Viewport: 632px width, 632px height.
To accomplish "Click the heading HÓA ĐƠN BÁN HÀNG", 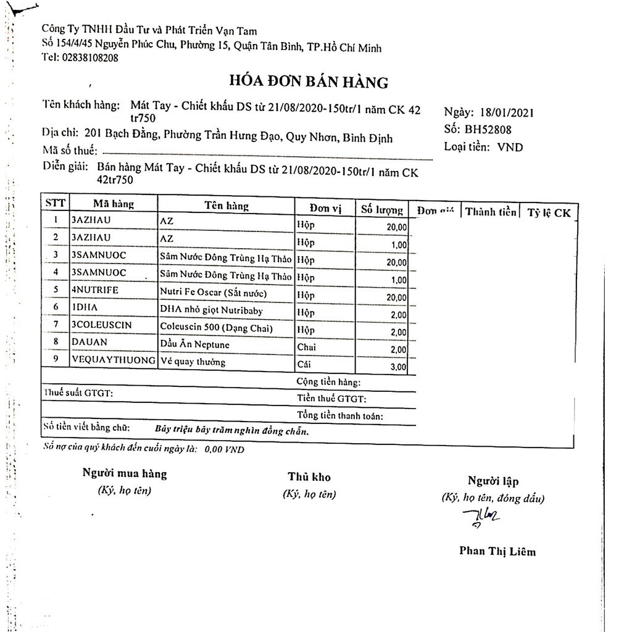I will coord(309,81).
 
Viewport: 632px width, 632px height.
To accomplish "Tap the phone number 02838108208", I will coord(89,57).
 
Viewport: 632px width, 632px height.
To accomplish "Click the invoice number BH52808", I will coord(489,130).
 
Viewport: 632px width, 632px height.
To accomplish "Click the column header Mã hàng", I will coord(114,204).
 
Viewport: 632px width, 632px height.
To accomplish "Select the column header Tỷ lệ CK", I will coord(549,213).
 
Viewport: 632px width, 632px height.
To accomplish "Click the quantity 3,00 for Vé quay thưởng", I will coord(398,367).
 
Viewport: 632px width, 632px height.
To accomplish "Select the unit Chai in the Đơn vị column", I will coord(306,347).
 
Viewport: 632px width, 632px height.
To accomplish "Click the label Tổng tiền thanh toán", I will coord(340,416).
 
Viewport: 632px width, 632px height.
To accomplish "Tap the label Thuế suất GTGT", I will coord(78,393).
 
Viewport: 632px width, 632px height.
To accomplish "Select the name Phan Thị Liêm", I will coord(497,551).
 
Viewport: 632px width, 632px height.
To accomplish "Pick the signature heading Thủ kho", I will coord(309,476).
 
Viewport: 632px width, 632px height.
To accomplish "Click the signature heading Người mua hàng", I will coord(125,474).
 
